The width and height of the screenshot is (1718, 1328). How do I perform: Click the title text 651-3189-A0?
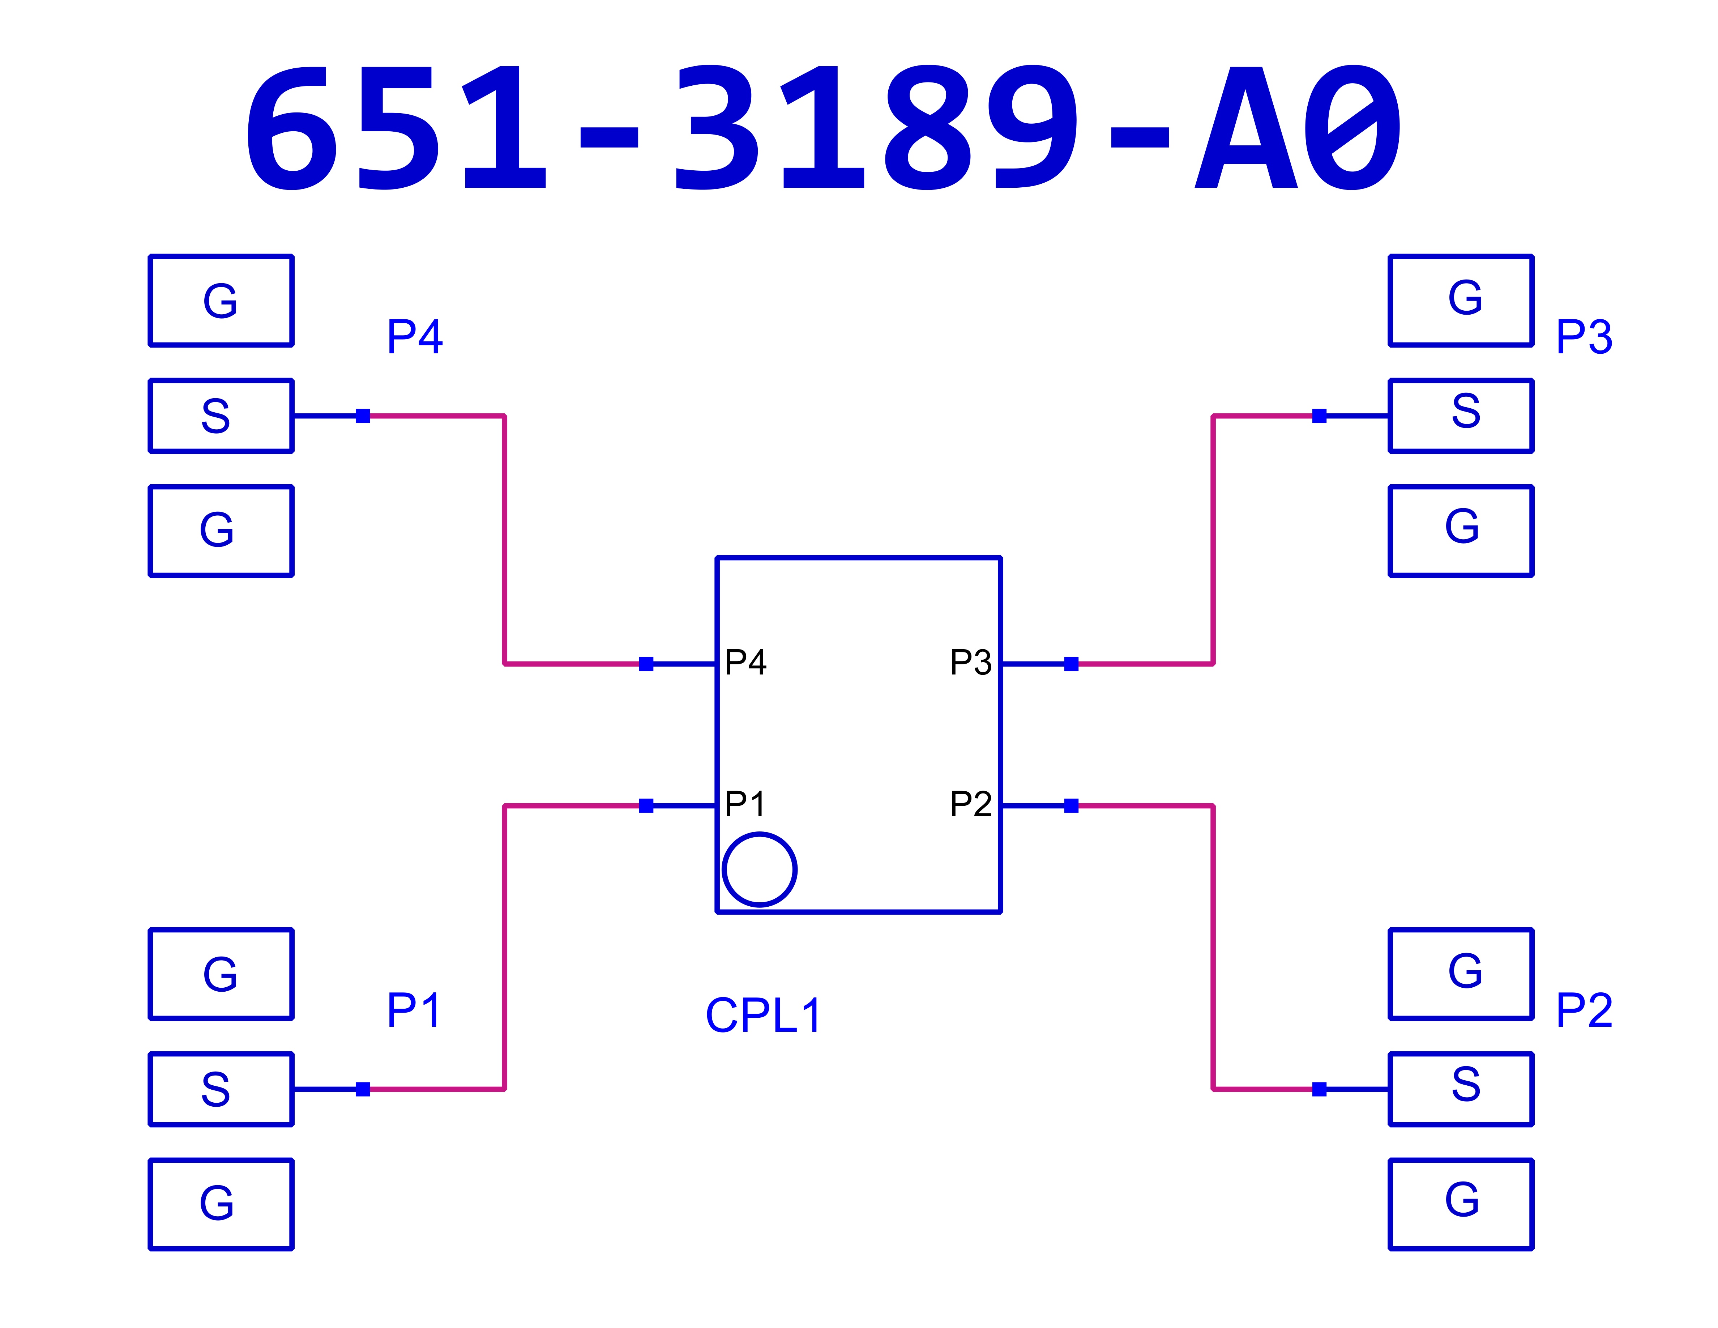pos(824,127)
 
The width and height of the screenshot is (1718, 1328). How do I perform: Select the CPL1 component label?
pos(763,1016)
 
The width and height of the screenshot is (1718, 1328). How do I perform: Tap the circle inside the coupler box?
pos(759,869)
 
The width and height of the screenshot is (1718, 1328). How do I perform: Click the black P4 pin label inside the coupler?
pos(745,663)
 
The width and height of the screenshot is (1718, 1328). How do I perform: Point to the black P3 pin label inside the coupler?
pos(971,663)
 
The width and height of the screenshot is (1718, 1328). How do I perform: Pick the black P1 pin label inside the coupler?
pos(744,804)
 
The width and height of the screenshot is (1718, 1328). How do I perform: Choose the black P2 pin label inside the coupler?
pos(971,804)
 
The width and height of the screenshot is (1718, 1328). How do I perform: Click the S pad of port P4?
pos(221,416)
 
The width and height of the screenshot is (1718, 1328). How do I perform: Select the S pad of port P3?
pos(1461,416)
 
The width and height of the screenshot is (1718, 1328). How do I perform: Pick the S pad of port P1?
pos(221,1089)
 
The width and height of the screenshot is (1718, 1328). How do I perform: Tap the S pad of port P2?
pos(1461,1089)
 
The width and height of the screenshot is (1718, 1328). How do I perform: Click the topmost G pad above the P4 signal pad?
pos(221,300)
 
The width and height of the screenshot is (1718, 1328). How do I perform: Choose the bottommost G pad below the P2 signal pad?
pos(1461,1204)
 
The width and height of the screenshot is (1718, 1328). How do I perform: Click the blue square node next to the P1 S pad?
pos(363,1089)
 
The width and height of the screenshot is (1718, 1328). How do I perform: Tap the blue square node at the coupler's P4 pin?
pos(646,664)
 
